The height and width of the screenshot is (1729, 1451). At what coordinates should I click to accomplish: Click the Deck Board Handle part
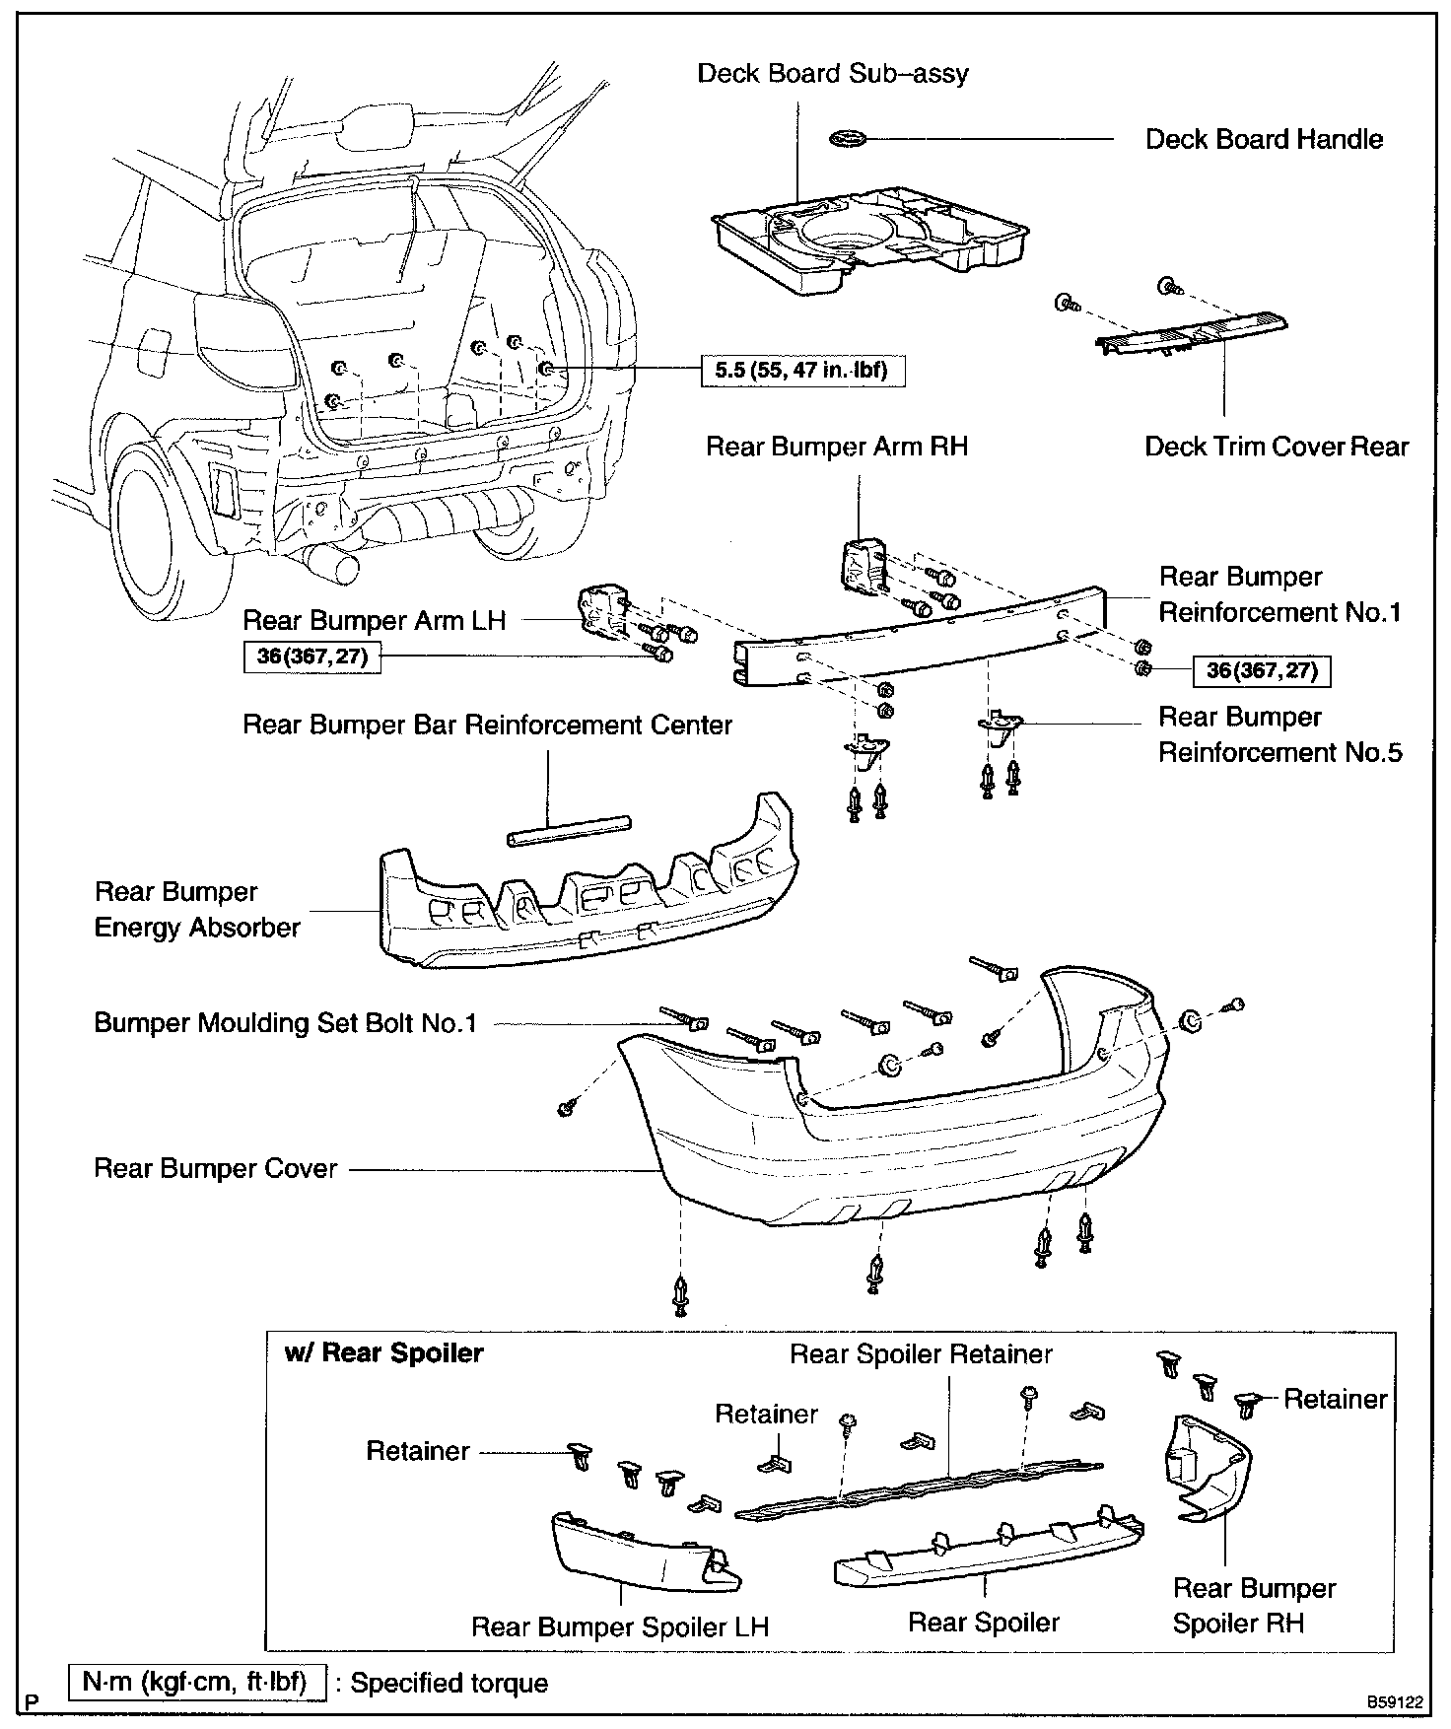(x=849, y=139)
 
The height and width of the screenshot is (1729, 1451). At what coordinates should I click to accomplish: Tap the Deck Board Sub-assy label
(x=832, y=74)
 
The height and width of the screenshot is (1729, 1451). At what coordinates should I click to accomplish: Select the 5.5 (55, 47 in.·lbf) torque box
(x=801, y=371)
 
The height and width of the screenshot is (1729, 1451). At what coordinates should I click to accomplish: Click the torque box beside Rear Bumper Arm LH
(x=312, y=657)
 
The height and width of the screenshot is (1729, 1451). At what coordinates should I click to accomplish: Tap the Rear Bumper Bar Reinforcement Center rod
(x=569, y=830)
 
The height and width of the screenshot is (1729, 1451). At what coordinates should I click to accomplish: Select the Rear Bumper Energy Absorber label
(x=196, y=910)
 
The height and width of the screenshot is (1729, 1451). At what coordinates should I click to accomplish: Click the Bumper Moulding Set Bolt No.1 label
(x=285, y=1022)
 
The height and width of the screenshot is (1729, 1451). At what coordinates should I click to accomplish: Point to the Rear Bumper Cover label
(x=215, y=1168)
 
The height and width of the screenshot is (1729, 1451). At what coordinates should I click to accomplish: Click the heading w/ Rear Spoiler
(x=383, y=1352)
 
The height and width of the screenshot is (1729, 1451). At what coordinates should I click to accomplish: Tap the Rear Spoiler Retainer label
(x=921, y=1353)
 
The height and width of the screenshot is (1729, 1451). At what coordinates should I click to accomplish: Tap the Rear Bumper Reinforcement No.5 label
(x=1278, y=734)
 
